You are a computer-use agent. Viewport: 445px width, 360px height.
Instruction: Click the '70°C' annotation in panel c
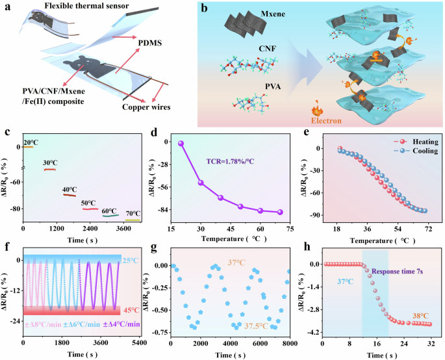pyautogui.click(x=133, y=213)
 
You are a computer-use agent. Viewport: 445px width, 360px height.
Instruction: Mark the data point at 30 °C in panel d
pyautogui.click(x=201, y=183)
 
